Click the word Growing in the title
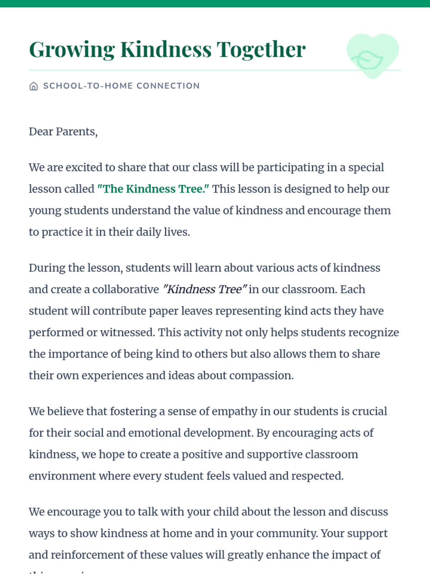[x=72, y=50]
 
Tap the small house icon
[x=33, y=86]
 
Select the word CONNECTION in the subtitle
[x=168, y=86]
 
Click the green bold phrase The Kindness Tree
[x=153, y=189]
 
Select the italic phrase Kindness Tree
[x=205, y=290]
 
